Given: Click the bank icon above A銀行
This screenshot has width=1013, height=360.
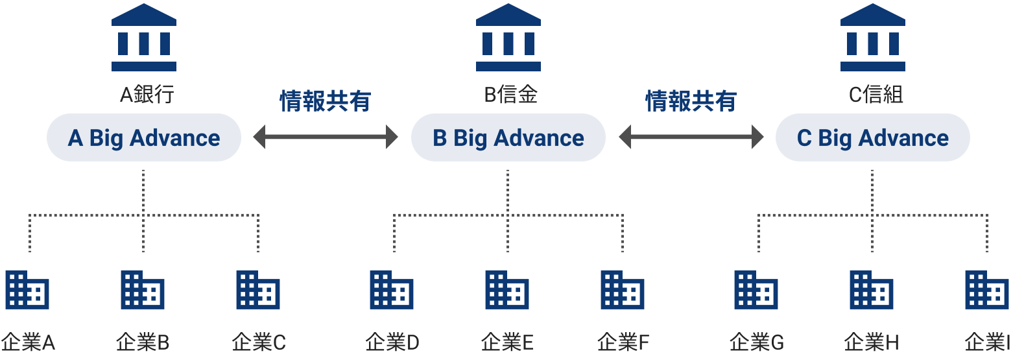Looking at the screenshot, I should [144, 38].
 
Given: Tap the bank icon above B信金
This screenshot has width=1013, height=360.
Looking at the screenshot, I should [508, 38].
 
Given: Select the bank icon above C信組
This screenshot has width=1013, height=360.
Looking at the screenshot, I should [873, 38].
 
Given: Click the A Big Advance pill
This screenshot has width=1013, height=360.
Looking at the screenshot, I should [144, 138].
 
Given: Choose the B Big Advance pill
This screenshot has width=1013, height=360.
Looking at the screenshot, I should [508, 138].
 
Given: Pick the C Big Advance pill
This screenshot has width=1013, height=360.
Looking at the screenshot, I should [873, 138].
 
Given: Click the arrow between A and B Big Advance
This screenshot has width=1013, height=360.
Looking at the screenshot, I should [326, 137].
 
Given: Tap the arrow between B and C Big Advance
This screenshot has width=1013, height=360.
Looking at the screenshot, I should [691, 137].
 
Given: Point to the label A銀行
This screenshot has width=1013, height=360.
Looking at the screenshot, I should [147, 95].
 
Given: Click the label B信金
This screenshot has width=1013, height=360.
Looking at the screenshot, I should [511, 95].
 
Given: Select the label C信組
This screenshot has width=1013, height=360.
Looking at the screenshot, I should [876, 95].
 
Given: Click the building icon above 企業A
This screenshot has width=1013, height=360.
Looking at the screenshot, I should [27, 290].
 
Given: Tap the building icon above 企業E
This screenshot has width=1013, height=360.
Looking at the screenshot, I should [507, 290].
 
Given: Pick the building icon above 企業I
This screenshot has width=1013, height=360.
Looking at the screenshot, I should [987, 290].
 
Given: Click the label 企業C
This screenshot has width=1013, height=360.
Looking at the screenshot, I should [259, 342].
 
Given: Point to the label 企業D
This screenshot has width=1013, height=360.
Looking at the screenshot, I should [392, 342].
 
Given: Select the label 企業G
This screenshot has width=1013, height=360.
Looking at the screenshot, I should [757, 342].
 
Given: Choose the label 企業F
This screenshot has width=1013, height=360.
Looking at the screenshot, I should [623, 342].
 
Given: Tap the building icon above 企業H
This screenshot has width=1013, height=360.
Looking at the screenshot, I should [872, 290].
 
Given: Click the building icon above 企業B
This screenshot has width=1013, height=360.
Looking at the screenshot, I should [143, 290].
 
